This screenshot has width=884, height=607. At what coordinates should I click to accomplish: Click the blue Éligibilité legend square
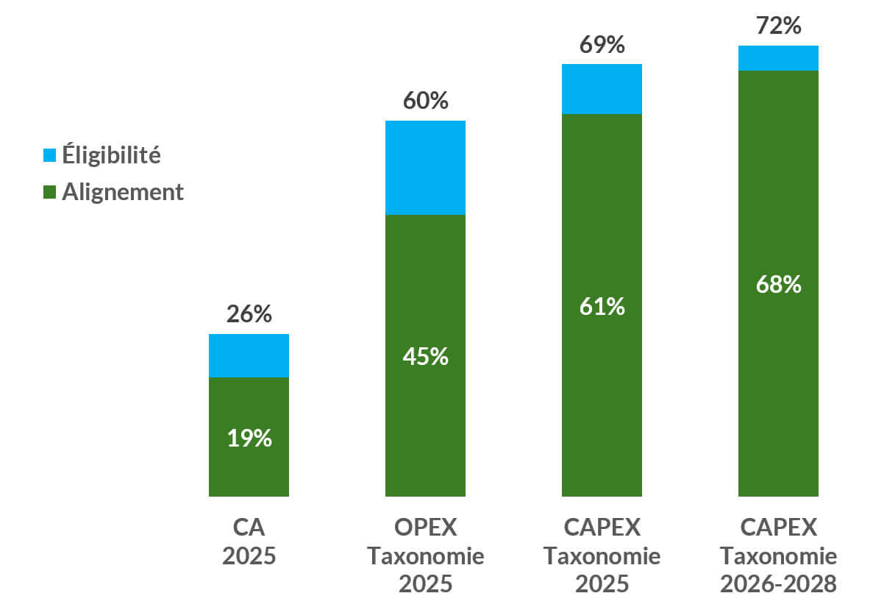tap(50, 155)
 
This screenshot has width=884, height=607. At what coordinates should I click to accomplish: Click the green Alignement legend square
tap(50, 193)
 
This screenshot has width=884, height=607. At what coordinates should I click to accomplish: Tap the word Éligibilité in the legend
tap(111, 155)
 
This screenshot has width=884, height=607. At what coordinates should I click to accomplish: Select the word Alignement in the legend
tap(123, 192)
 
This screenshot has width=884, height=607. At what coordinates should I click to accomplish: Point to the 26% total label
tap(249, 314)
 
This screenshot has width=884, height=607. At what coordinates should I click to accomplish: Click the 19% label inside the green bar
tap(249, 439)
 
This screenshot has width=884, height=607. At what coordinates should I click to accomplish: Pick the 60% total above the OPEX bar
tap(425, 101)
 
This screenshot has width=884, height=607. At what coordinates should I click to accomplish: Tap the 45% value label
tap(425, 357)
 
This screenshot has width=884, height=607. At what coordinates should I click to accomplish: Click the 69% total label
tap(602, 45)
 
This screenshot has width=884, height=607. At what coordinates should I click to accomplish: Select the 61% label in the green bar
tap(602, 306)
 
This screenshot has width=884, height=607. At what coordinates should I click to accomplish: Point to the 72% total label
tap(778, 26)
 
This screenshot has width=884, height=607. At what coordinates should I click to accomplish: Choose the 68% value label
tap(778, 285)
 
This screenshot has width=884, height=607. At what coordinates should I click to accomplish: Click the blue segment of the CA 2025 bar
tap(249, 355)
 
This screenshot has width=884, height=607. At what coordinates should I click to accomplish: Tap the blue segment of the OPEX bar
tap(425, 168)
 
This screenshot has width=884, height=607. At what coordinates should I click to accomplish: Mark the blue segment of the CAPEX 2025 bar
tap(602, 89)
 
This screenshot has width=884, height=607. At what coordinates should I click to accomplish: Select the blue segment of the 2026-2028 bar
tap(778, 58)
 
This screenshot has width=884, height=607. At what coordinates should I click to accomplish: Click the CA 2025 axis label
tap(249, 542)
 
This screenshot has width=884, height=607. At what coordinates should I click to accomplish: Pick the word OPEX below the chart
tap(425, 528)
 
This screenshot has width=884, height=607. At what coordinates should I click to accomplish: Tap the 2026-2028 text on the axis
tap(778, 584)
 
